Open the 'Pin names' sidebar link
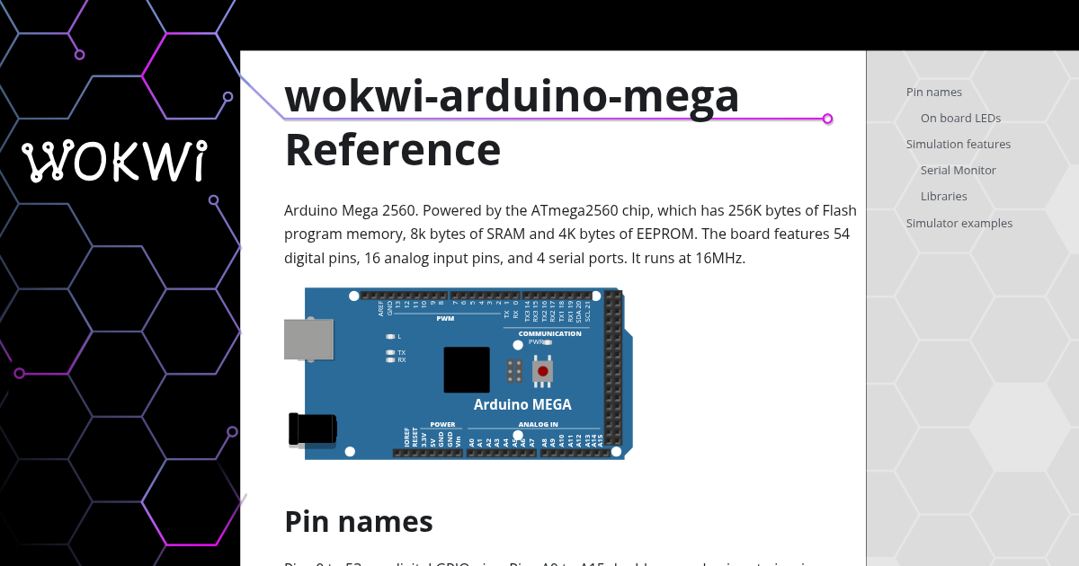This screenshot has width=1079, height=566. (x=933, y=92)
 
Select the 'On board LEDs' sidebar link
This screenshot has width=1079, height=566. (x=960, y=118)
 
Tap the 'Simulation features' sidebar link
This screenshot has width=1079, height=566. (x=958, y=144)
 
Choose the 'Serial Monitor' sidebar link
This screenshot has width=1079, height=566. (x=958, y=170)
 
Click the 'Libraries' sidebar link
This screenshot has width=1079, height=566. (x=943, y=196)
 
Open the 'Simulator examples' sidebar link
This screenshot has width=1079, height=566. (x=959, y=223)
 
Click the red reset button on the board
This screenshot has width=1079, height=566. (x=542, y=371)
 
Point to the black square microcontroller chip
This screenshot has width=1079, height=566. (x=467, y=369)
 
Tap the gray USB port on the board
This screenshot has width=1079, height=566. (x=308, y=340)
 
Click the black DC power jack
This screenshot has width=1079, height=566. (x=312, y=429)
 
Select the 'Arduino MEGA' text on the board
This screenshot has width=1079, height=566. (x=522, y=404)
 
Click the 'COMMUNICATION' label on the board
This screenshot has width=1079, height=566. (x=549, y=333)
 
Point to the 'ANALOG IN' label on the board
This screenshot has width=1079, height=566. (x=538, y=424)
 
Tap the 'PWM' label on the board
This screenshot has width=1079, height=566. (x=445, y=318)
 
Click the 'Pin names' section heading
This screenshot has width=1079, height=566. (x=358, y=521)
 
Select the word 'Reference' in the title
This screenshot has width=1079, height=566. (x=392, y=150)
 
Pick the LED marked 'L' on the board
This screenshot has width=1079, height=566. (x=390, y=336)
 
